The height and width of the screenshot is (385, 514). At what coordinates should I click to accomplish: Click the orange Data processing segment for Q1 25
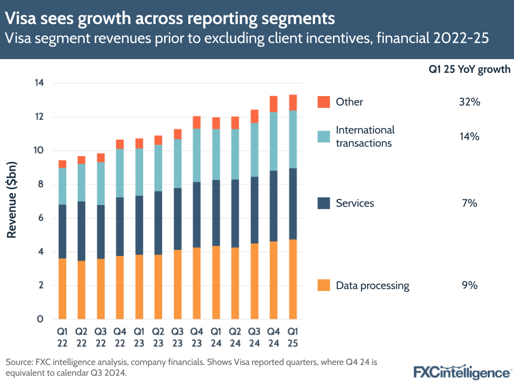(293, 279)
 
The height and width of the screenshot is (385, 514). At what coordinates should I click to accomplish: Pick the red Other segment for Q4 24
(274, 104)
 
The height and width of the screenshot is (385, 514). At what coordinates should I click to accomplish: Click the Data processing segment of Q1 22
(62, 288)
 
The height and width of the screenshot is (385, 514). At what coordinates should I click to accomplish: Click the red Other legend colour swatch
(324, 102)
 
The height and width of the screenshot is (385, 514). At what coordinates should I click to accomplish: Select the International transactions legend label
(365, 136)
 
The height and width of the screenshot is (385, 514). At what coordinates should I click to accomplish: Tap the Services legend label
(355, 203)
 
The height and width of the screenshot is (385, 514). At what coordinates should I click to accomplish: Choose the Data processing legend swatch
(324, 285)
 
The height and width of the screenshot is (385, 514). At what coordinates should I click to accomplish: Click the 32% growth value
(469, 102)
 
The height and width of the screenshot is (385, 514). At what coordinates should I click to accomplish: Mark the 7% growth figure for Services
(469, 203)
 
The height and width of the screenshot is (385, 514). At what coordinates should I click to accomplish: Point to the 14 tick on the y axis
(39, 83)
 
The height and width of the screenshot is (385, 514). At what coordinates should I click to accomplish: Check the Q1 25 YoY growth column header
(469, 69)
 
